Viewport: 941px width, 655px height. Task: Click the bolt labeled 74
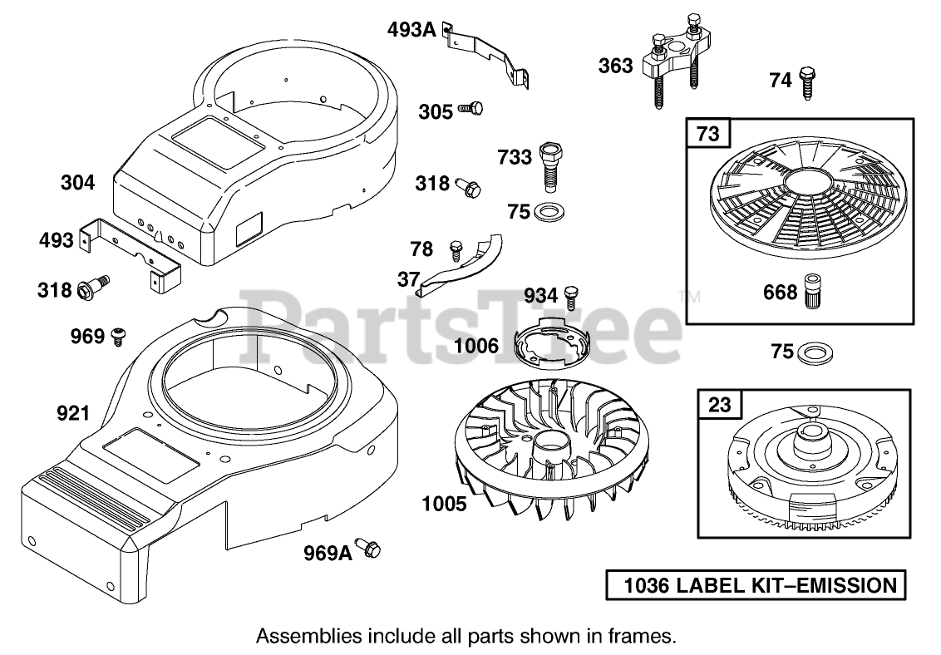806,84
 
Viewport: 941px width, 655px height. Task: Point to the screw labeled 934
570,296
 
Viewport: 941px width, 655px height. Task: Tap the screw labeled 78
455,248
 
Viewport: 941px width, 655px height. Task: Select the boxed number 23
720,405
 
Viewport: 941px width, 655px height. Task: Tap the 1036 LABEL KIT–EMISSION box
754,585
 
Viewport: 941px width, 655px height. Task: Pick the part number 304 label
78,182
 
